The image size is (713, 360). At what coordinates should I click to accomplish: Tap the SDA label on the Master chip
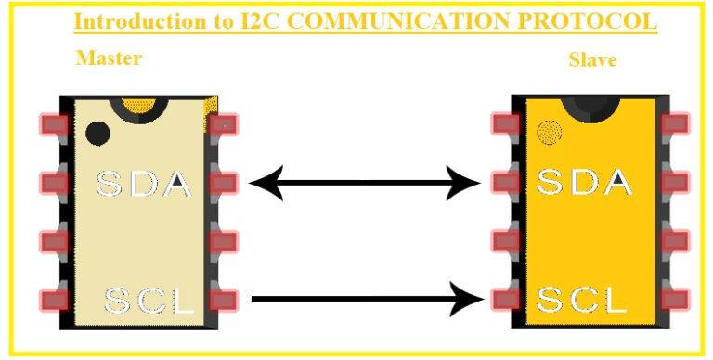point(145,183)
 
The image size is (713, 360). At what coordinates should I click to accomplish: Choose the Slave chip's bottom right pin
point(675,300)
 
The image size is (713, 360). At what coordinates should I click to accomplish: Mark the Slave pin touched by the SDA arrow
point(505,182)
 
